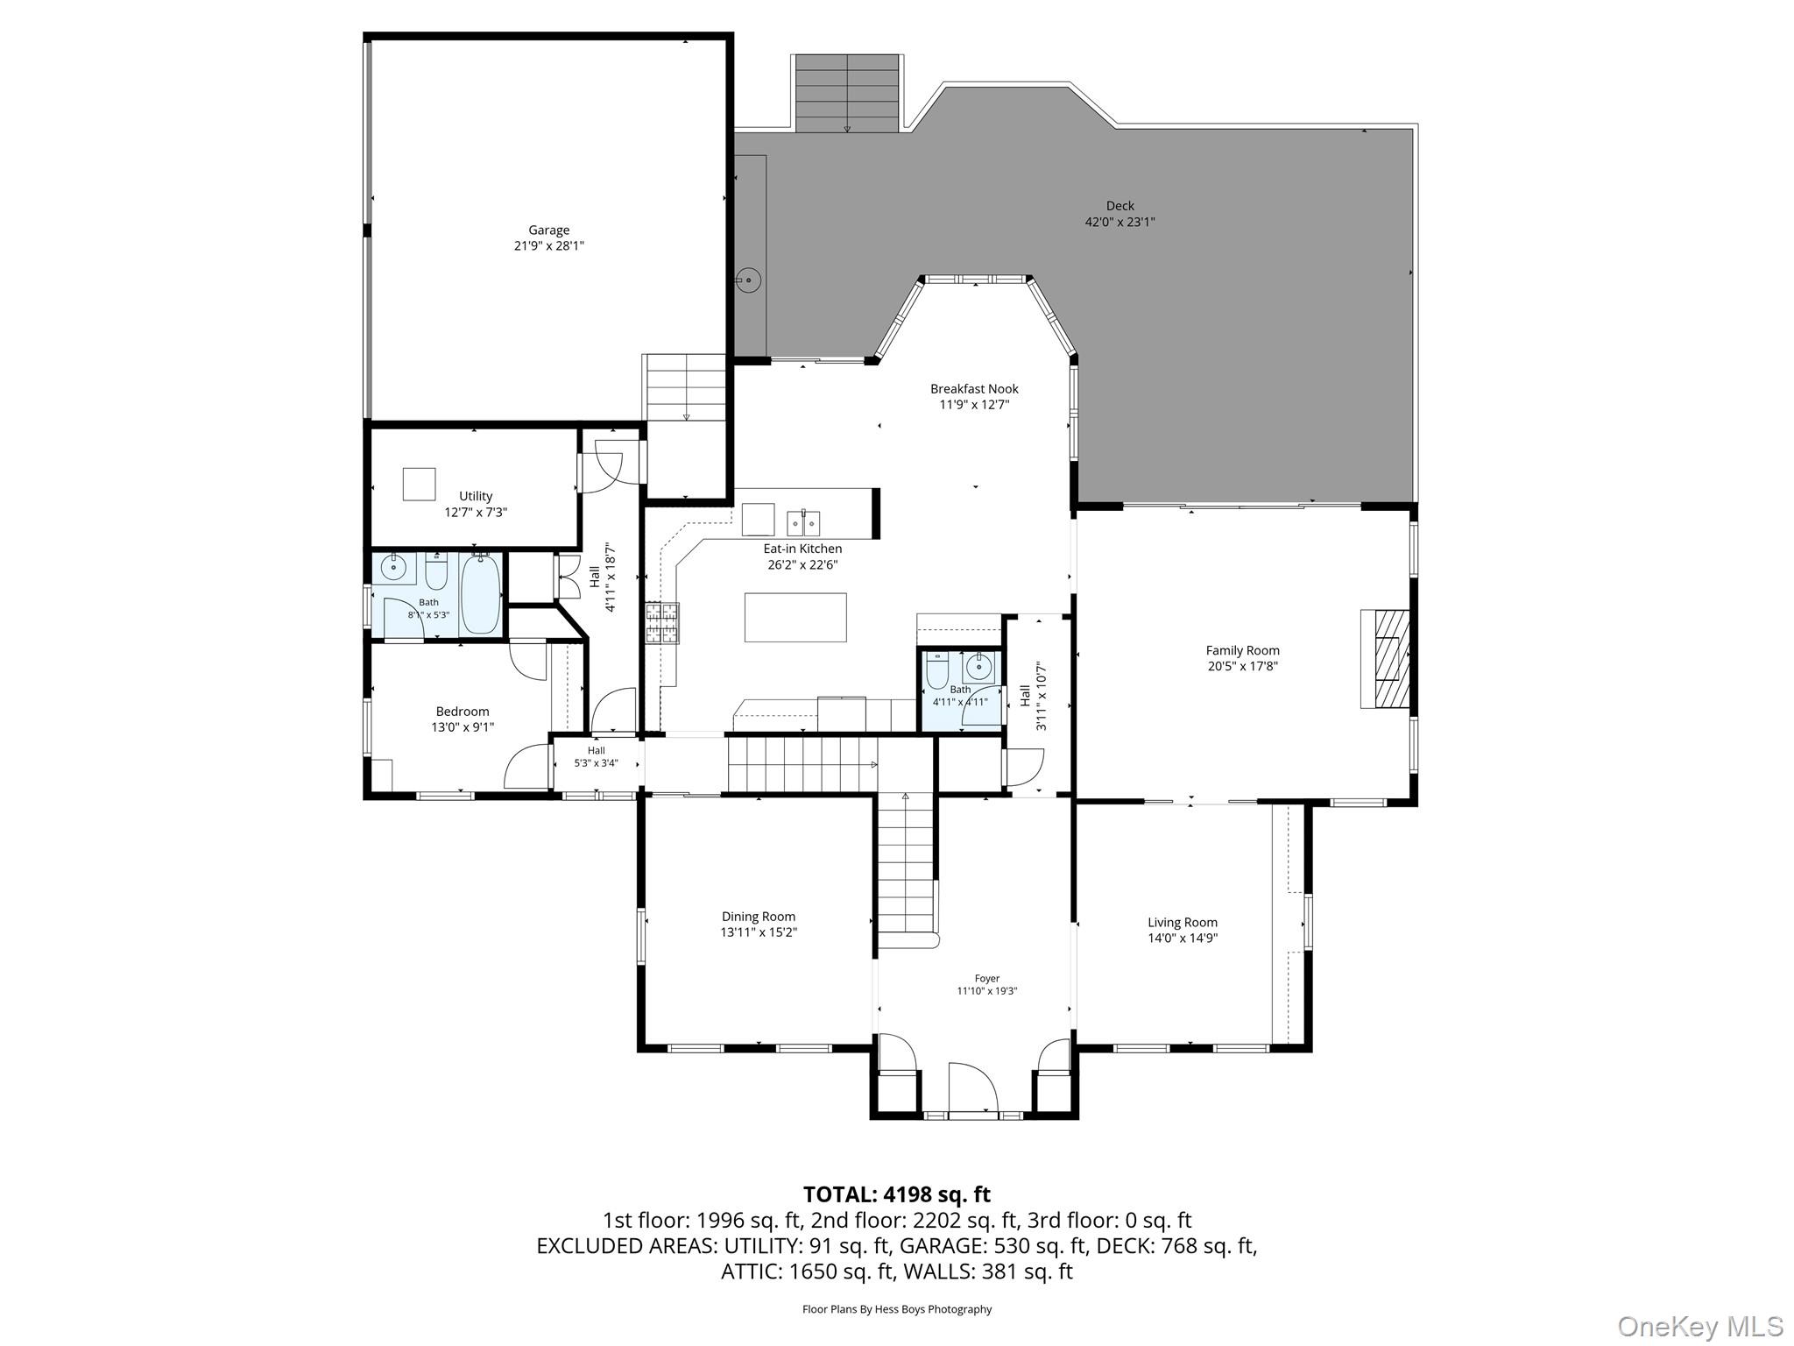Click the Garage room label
point(548,230)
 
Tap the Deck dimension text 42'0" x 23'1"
point(1119,223)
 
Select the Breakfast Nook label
point(974,389)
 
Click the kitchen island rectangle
point(795,618)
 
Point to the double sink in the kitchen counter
point(803,522)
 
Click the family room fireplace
point(1384,658)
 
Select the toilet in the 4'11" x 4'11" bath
point(937,669)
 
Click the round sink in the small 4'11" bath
point(978,668)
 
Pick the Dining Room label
point(759,917)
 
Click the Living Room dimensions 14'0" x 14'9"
point(1183,938)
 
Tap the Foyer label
point(986,979)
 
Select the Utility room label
point(476,496)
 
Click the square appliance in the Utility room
point(419,484)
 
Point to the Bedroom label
point(463,712)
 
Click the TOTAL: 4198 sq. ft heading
point(897,1194)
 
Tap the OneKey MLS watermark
point(1700,1326)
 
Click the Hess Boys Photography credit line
point(897,1309)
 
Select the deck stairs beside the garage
point(848,94)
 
